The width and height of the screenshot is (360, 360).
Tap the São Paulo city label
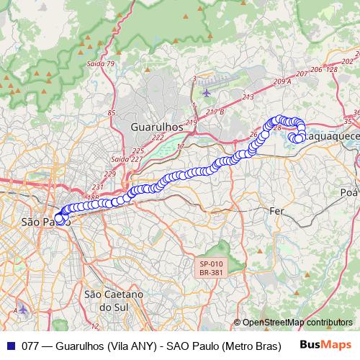[x=45, y=221]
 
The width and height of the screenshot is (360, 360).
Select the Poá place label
[x=348, y=192]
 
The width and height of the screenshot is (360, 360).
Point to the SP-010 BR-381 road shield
[x=212, y=269]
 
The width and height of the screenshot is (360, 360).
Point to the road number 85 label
[x=111, y=113]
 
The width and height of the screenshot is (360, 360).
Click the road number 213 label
[x=248, y=96]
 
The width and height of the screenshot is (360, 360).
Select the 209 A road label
[x=282, y=82]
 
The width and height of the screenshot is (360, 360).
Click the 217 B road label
[x=215, y=112]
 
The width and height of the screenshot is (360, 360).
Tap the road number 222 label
[x=158, y=137]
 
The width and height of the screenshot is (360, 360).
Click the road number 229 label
[x=109, y=174]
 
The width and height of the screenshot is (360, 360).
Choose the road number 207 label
[x=302, y=74]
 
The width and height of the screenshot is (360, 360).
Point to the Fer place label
[x=276, y=211]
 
